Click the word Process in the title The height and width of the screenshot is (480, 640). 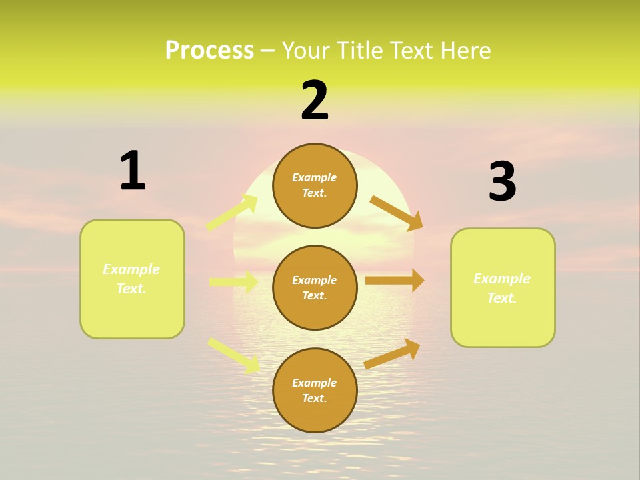(x=209, y=51)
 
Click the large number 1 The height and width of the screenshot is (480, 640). (x=133, y=171)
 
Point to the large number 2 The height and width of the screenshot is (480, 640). (x=315, y=101)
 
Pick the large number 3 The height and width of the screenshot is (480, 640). (x=502, y=182)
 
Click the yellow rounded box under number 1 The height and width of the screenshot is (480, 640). (x=132, y=279)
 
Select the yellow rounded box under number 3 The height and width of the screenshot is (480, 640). (x=503, y=288)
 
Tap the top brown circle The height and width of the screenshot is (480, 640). (x=315, y=185)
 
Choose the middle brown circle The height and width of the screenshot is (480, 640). (x=315, y=288)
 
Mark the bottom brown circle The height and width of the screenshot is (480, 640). (x=315, y=391)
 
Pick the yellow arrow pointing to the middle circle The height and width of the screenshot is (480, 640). (x=233, y=283)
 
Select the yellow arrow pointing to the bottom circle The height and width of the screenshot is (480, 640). (x=233, y=355)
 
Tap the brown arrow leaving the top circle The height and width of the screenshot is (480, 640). (x=396, y=213)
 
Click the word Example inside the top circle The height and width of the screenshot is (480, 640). (x=315, y=177)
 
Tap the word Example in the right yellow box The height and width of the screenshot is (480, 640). (x=502, y=279)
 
